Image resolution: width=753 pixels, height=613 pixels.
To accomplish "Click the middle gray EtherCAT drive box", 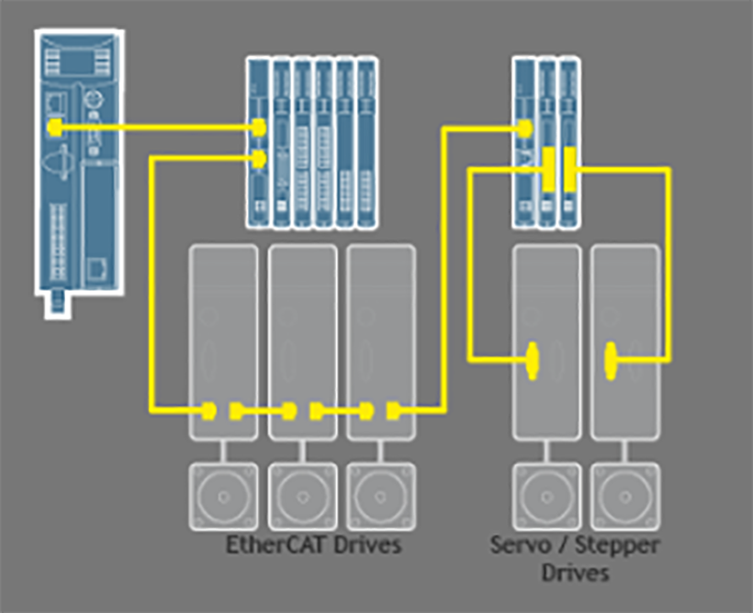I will (x=301, y=340).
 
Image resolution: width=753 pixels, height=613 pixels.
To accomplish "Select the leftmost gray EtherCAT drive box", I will (x=223, y=340).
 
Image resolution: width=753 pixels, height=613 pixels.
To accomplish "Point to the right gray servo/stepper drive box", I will (x=624, y=340).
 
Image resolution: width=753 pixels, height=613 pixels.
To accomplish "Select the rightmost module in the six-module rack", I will (x=366, y=142).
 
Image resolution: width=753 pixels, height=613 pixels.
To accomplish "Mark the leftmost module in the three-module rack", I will (x=523, y=142).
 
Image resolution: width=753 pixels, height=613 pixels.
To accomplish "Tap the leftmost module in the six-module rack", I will (x=258, y=142).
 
